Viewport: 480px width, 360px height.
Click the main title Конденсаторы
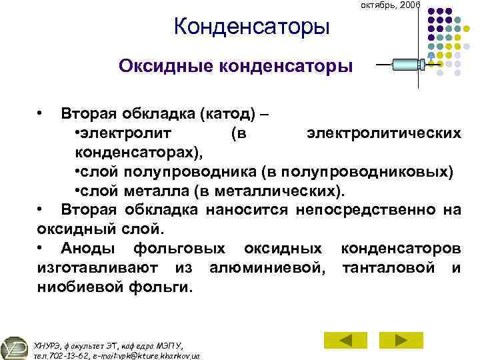coord(251,27)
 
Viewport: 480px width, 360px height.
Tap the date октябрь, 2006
coord(390,5)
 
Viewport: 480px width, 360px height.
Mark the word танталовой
coord(391,268)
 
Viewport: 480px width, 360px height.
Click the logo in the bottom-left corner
coord(15,347)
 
